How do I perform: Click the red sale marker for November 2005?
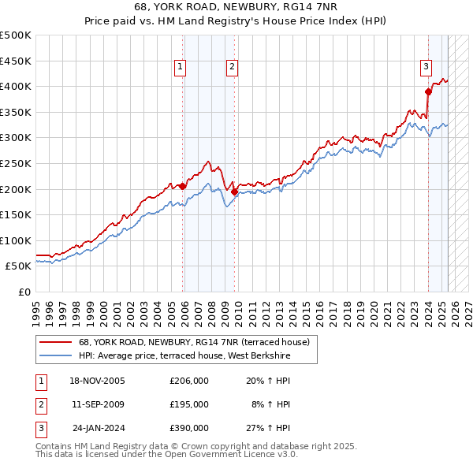click(182, 186)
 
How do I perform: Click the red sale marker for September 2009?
click(234, 192)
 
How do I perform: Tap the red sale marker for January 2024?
click(428, 91)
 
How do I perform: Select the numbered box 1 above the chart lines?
click(181, 68)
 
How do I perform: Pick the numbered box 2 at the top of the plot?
click(233, 68)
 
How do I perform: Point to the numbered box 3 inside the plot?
click(426, 68)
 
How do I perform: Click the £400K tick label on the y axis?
click(16, 86)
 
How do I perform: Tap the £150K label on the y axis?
click(16, 214)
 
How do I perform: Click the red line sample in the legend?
click(55, 343)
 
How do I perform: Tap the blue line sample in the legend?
click(55, 356)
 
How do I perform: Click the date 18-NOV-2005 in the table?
click(98, 381)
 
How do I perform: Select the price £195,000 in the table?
click(189, 404)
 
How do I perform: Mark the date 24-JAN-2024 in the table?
click(98, 428)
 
